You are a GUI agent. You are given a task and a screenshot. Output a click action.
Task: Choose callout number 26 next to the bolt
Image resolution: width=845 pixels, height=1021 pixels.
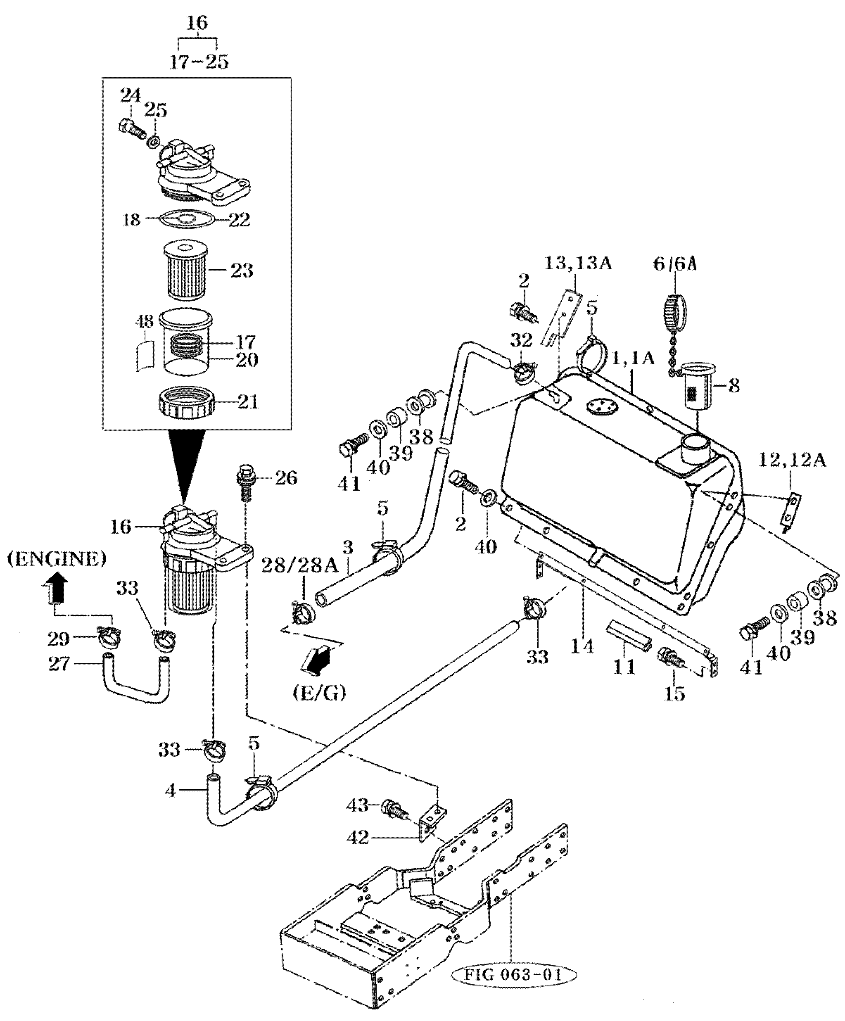click(x=285, y=478)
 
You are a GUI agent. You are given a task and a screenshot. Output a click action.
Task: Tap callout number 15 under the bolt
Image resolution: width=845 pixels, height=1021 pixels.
click(x=675, y=694)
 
